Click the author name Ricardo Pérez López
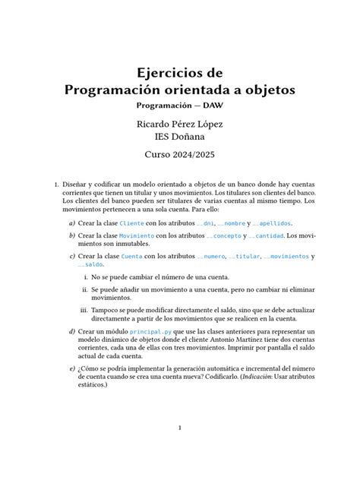[x=180, y=123]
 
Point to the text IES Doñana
[x=180, y=137]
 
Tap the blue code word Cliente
[x=131, y=223]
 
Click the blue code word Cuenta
[x=131, y=257]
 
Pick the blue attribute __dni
[x=206, y=223]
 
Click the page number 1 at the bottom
[x=180, y=428]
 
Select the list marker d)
[x=71, y=332]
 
